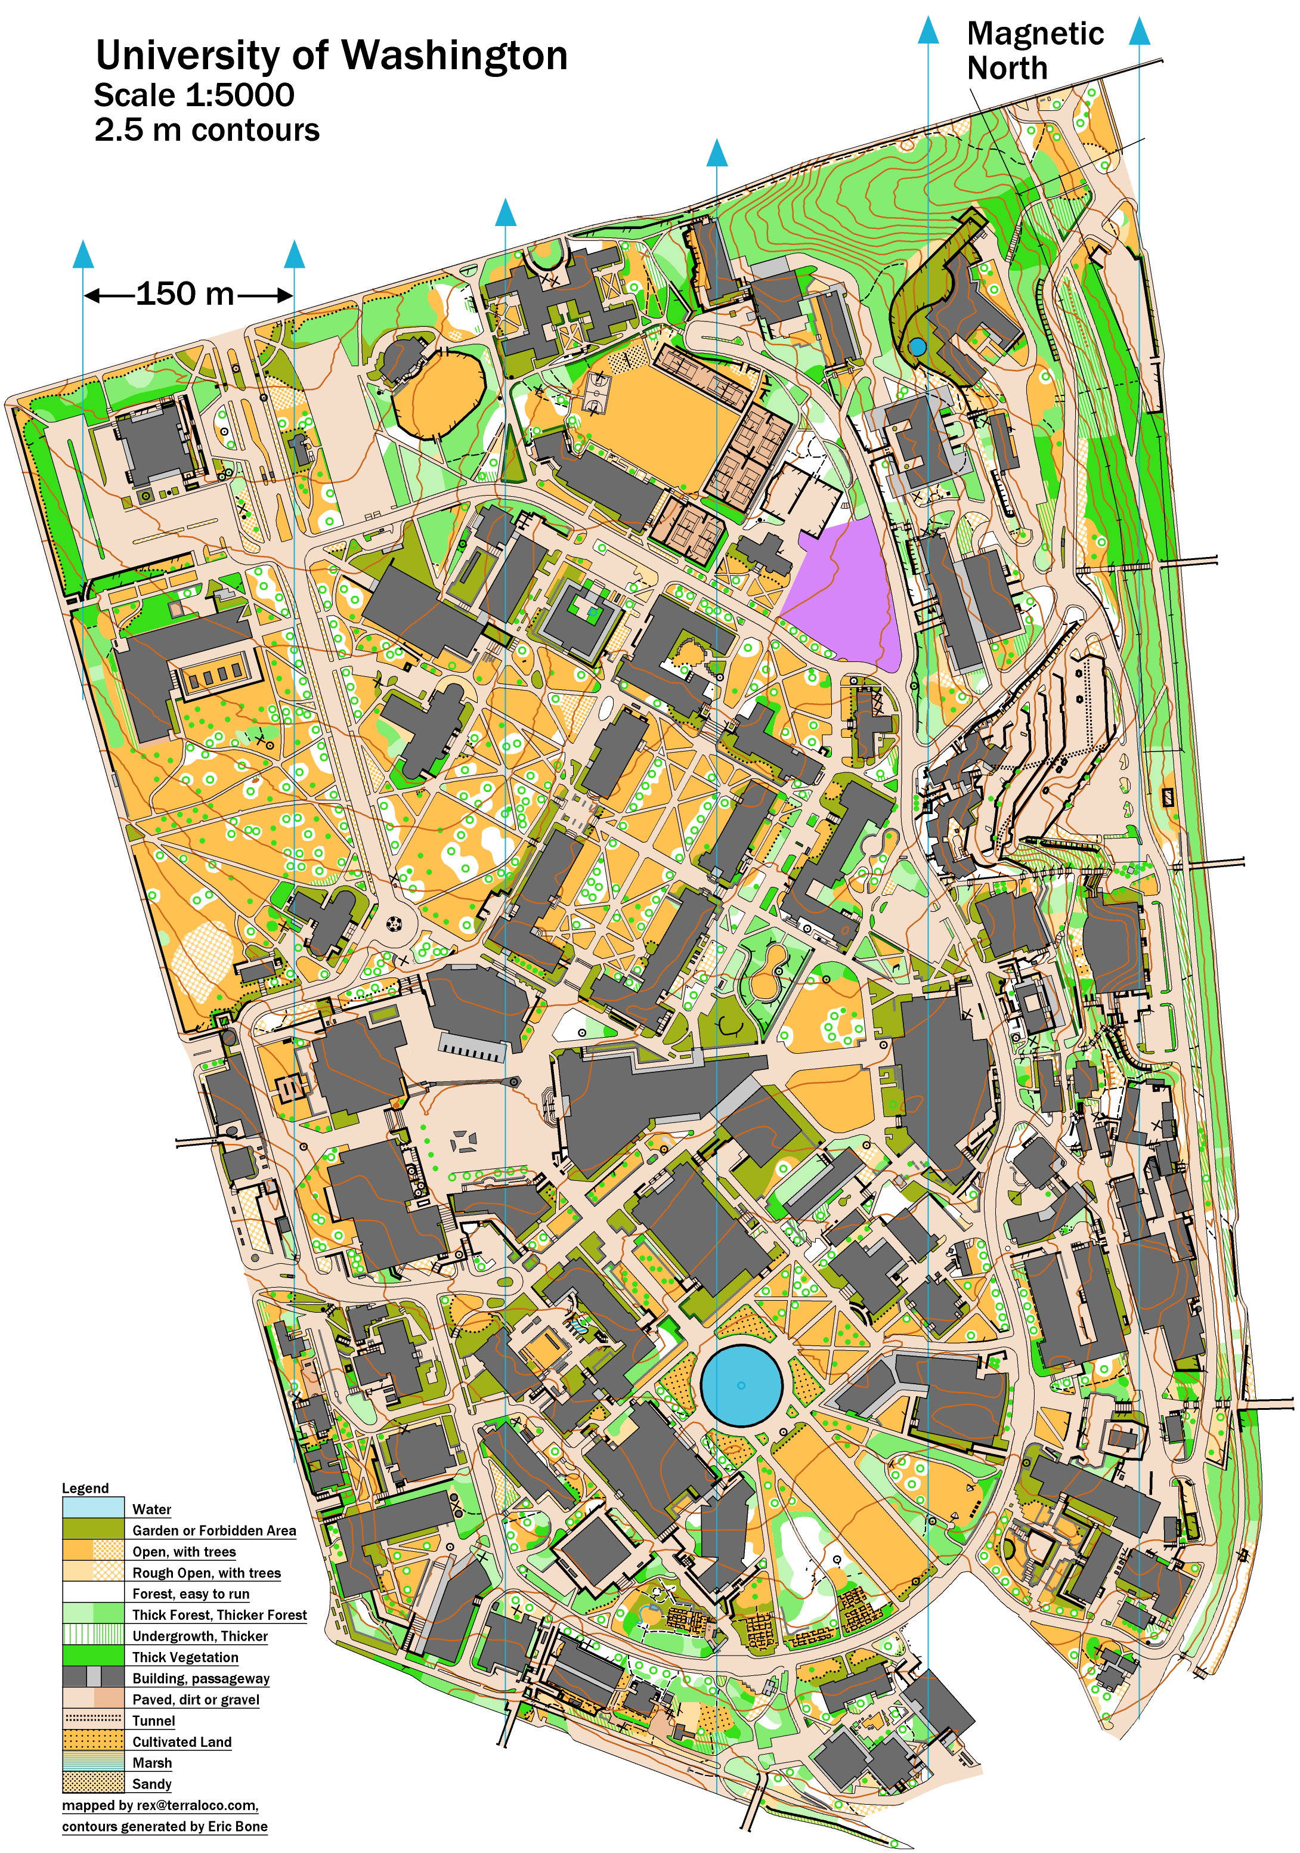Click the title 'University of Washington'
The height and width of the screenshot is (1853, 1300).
(x=331, y=55)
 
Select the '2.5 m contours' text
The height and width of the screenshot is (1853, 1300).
(x=206, y=130)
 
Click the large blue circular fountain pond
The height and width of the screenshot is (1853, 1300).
(x=741, y=1385)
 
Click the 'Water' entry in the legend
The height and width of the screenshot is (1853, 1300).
(x=151, y=1509)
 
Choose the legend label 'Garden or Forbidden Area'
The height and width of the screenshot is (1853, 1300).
(x=214, y=1530)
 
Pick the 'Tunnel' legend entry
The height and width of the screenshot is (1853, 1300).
(x=153, y=1721)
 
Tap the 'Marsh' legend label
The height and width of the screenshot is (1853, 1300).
(x=151, y=1762)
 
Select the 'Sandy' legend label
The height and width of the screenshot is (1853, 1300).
(x=151, y=1784)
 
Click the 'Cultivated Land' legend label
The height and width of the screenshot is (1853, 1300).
(x=181, y=1741)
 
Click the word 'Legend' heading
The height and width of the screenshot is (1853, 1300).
(x=85, y=1488)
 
